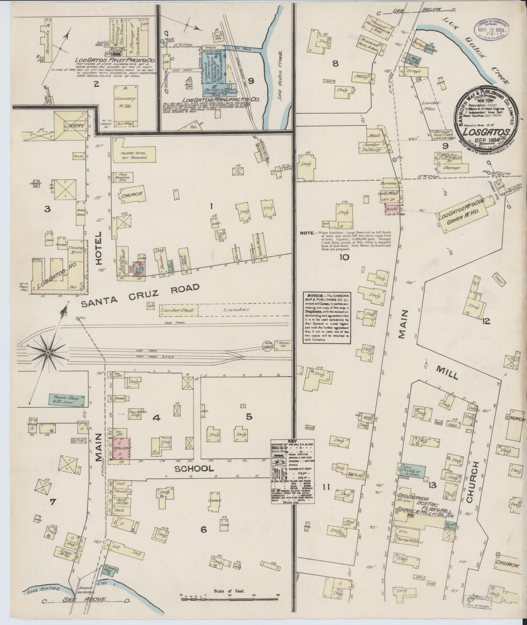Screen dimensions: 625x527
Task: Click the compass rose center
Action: (x=48, y=353)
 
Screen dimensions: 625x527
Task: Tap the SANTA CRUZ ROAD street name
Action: (x=140, y=295)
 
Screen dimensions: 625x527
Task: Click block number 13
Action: (x=433, y=485)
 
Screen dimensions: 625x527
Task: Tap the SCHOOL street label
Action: (x=194, y=469)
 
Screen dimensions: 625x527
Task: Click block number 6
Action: (x=203, y=529)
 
